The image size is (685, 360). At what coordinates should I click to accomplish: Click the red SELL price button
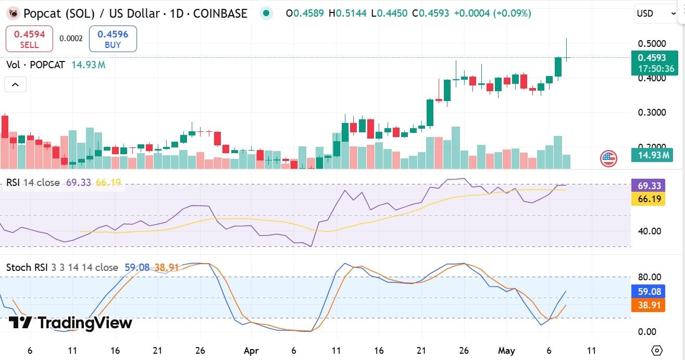29,40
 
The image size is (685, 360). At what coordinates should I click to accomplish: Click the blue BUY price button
113,40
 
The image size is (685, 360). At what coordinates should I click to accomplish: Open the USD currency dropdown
655,14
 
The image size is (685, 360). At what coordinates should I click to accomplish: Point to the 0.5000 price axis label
652,43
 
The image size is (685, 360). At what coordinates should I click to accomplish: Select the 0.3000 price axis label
652,113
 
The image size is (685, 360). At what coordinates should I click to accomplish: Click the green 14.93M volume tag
649,155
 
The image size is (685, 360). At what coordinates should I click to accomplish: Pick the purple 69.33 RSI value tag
647,185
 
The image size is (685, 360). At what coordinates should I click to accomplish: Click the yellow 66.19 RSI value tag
647,198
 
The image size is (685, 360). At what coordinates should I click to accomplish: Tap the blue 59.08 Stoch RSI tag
647,291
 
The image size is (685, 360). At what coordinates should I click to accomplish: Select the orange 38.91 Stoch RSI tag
647,305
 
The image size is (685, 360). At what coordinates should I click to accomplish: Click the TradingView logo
70,323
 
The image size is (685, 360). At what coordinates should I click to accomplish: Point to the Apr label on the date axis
251,350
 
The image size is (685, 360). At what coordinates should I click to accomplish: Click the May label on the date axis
506,350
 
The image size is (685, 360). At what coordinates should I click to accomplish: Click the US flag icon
608,158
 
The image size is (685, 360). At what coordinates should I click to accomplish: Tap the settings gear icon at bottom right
657,350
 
